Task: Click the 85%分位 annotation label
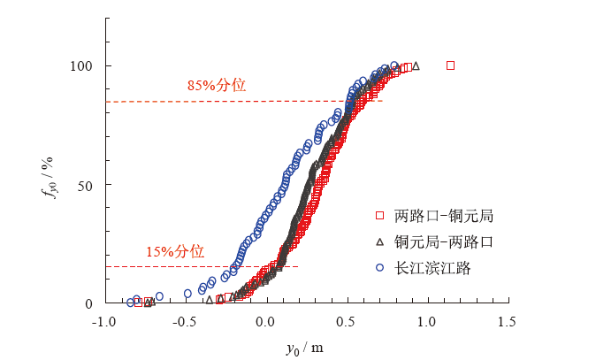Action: point(216,86)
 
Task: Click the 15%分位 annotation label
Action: point(175,251)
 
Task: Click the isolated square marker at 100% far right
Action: point(450,65)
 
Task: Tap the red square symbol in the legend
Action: point(378,216)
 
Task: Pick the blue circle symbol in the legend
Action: point(378,267)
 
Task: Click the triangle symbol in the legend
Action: point(378,241)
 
